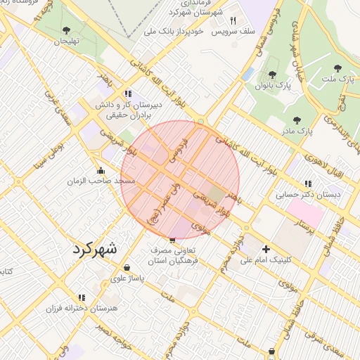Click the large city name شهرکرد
click(x=96, y=250)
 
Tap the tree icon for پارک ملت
click(x=338, y=68)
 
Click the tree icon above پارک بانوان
click(x=272, y=75)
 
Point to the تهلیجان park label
click(x=69, y=41)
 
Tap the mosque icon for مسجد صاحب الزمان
click(x=101, y=170)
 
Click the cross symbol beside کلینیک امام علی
click(x=266, y=248)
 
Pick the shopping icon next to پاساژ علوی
click(x=127, y=268)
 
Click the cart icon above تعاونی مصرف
click(x=173, y=240)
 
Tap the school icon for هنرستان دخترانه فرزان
click(x=82, y=297)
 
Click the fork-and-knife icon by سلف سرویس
click(x=233, y=21)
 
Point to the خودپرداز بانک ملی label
click(x=174, y=32)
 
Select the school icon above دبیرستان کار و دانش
click(x=127, y=93)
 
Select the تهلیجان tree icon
click(x=67, y=30)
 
